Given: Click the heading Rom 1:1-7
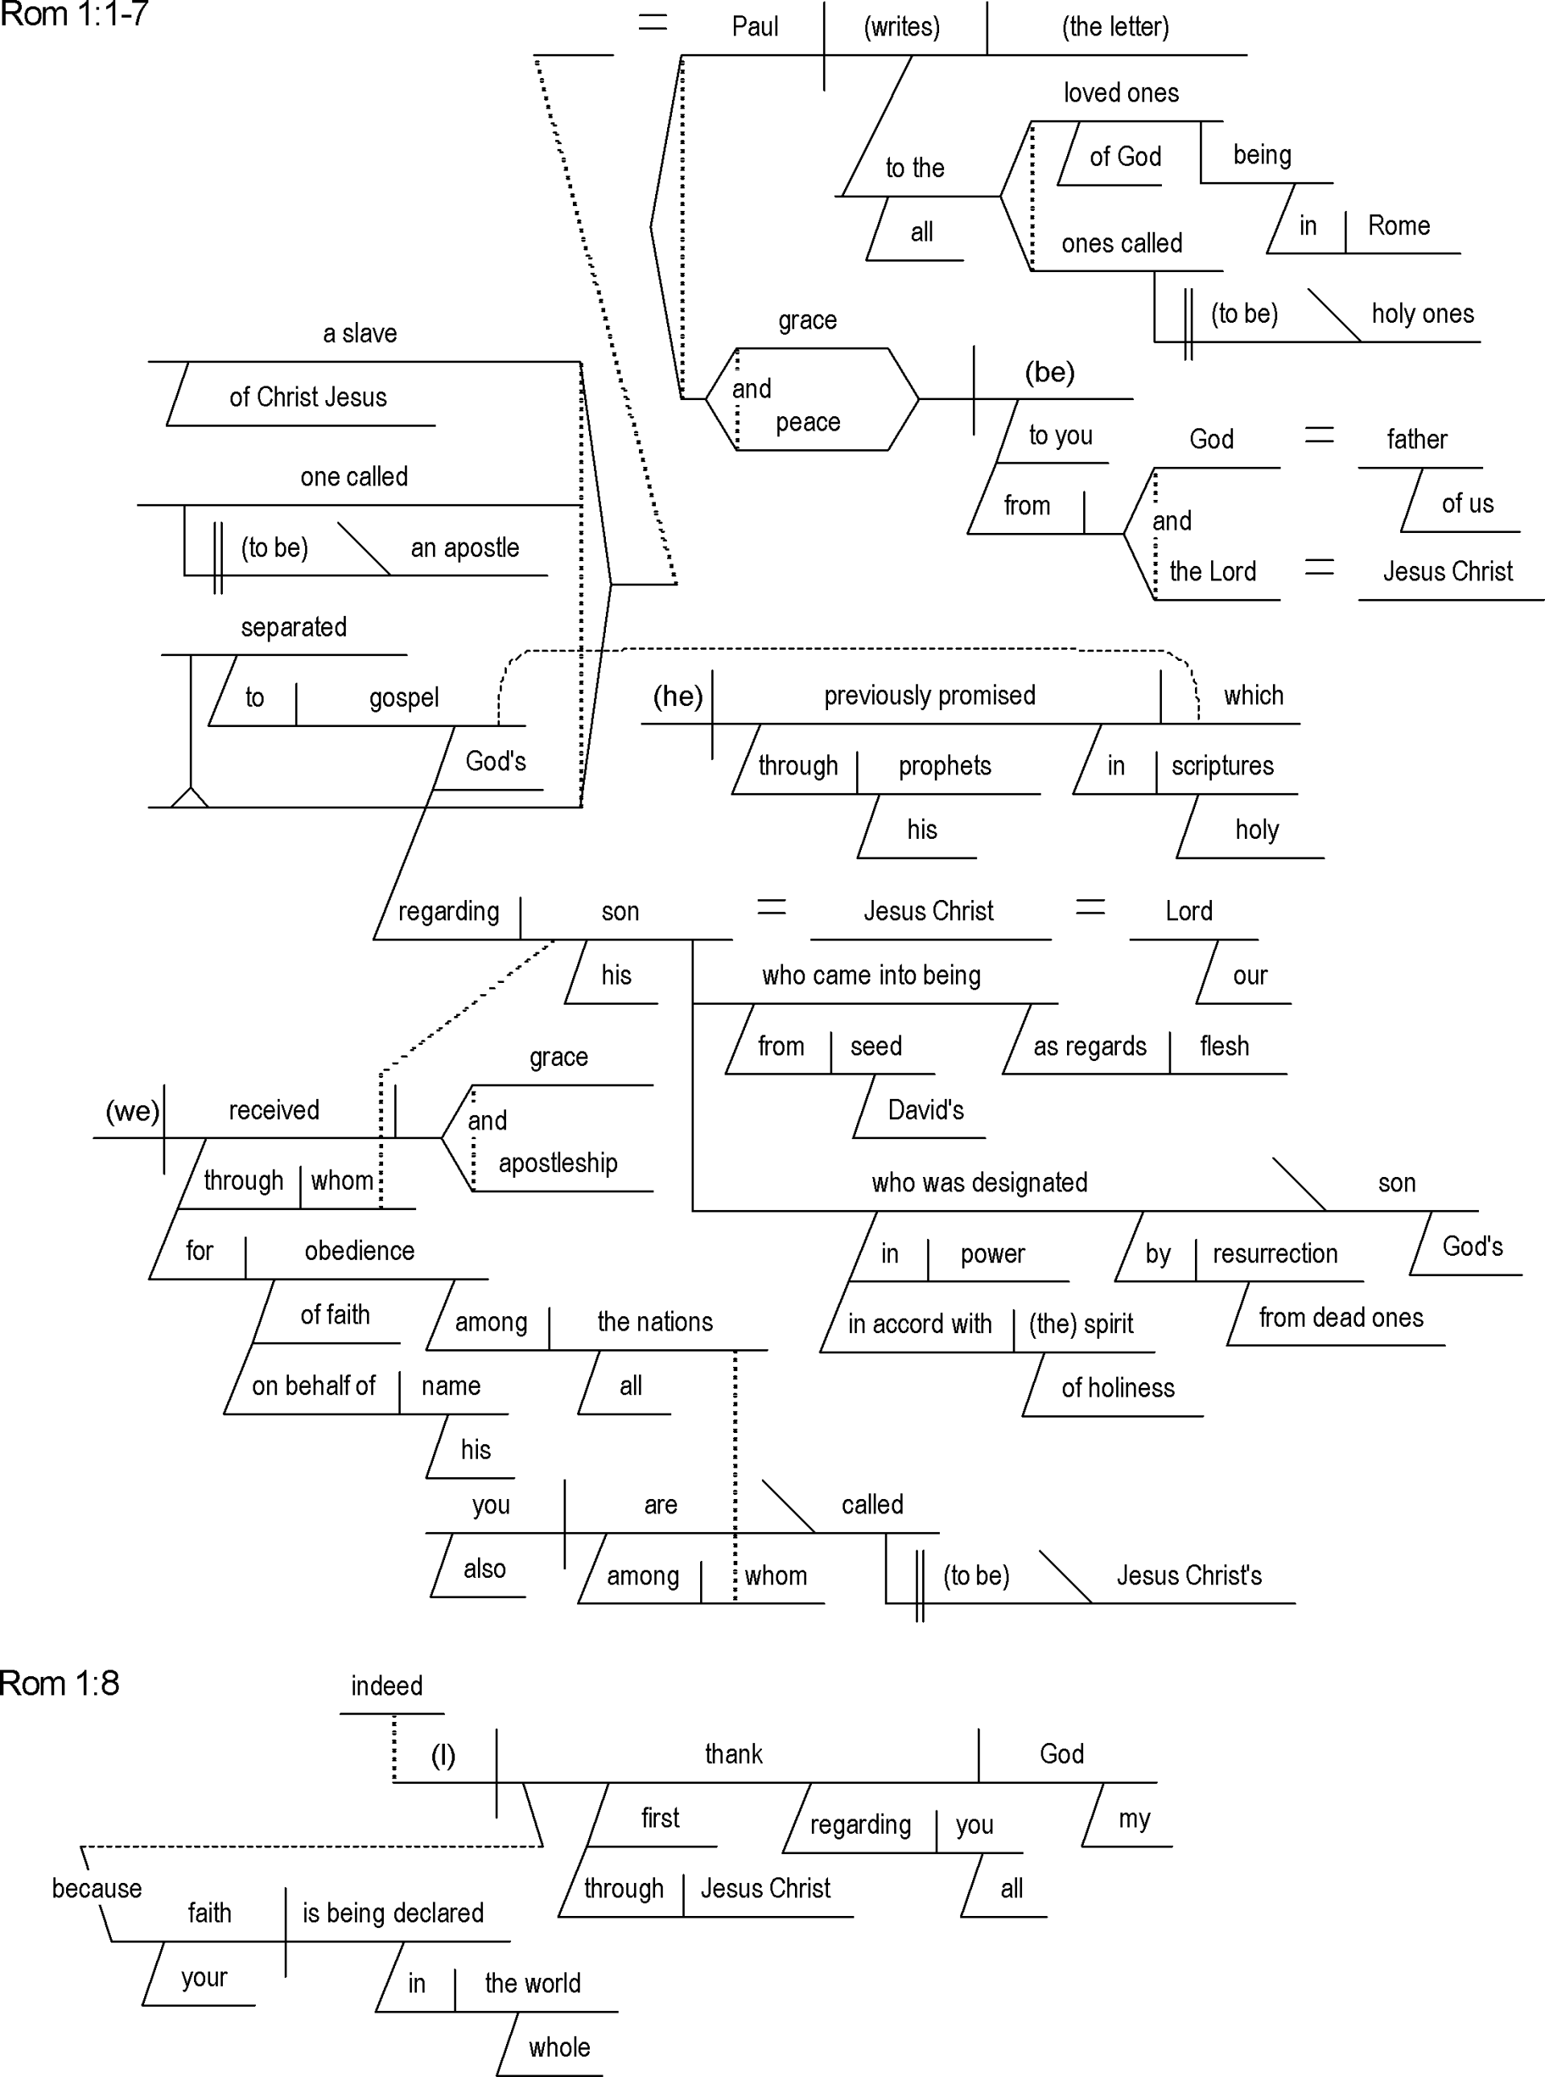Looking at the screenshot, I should [74, 15].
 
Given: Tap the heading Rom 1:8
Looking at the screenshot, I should [60, 1683].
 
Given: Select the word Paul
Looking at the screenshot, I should [755, 27].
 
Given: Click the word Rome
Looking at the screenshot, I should [1399, 225].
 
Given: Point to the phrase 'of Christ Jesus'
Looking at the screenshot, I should [307, 398].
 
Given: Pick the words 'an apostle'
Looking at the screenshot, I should [465, 548].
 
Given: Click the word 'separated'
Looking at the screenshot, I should [294, 627].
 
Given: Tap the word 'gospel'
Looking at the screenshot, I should [404, 698].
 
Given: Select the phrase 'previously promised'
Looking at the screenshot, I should [929, 695].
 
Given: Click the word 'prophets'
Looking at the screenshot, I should [945, 766].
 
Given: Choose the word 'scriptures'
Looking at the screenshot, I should [1222, 766].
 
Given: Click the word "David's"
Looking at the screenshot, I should [926, 1110].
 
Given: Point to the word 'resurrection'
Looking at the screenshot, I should [1275, 1253].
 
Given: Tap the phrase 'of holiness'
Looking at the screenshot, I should [1118, 1389].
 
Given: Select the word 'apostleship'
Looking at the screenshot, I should [558, 1163].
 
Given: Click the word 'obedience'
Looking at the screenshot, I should [359, 1251].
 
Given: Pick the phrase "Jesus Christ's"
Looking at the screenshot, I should [1189, 1576].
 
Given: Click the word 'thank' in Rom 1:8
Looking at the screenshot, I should [734, 1754].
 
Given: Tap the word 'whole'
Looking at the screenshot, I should [559, 2048].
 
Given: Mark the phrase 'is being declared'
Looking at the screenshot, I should [393, 1914].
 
